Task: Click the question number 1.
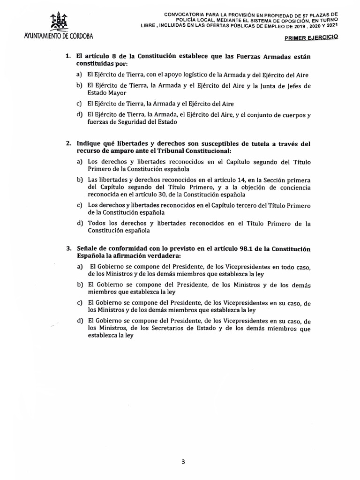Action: (68, 56)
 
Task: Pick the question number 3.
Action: (68, 248)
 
